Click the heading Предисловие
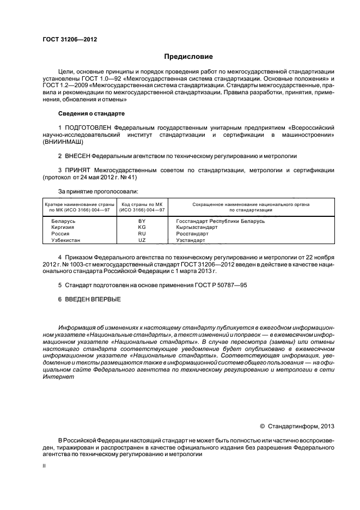pyautogui.click(x=188, y=57)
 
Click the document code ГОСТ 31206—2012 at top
pyautogui.click(x=65, y=39)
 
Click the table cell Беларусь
pyautogui.click(x=63, y=221)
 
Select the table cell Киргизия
pyautogui.click(x=63, y=227)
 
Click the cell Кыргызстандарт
pyautogui.click(x=197, y=227)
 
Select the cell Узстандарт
pyautogui.click(x=191, y=240)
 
